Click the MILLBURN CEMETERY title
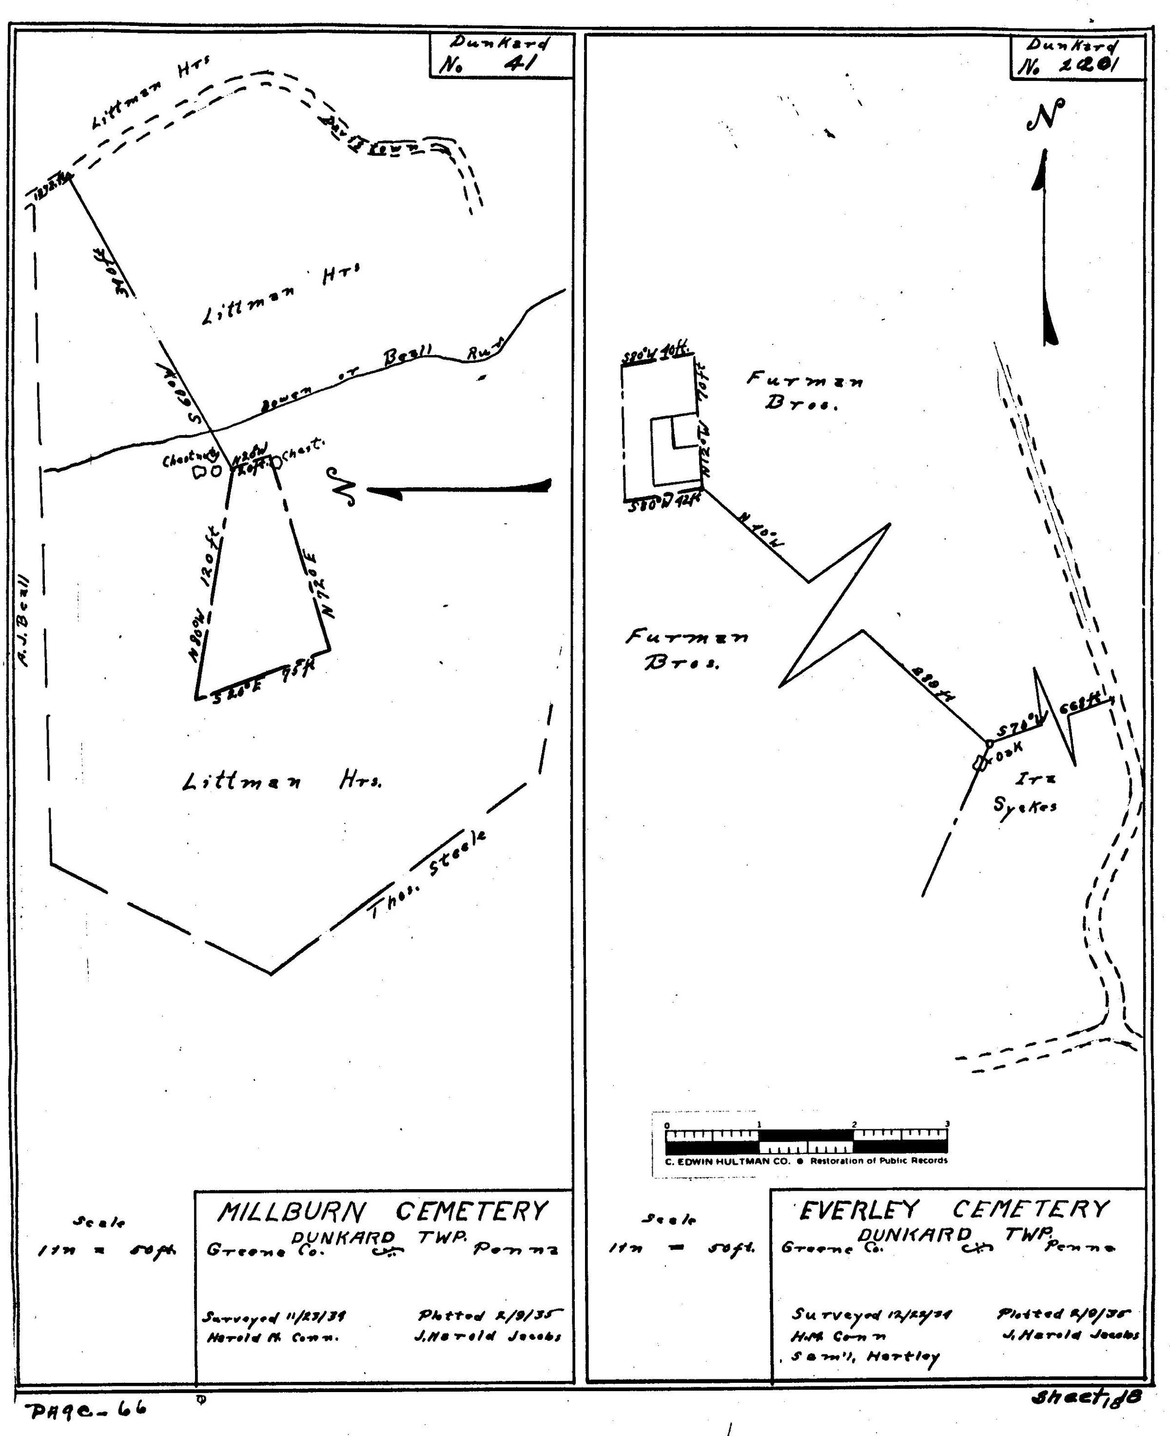click(381, 1212)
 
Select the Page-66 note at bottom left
click(87, 1410)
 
